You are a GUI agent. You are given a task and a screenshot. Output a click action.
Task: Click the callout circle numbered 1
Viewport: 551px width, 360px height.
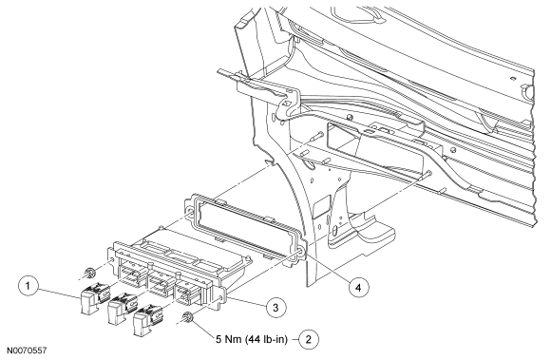coord(28,286)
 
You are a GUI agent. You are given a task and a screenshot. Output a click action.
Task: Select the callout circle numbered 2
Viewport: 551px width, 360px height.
coord(309,339)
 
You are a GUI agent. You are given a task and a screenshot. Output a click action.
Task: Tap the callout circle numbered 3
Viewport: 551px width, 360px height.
coord(275,308)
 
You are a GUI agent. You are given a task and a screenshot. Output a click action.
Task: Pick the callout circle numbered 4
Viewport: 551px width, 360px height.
coord(358,288)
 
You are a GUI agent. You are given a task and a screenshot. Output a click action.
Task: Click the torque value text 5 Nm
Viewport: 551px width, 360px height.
coord(229,340)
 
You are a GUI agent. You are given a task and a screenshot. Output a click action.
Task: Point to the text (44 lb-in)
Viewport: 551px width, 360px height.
coord(267,340)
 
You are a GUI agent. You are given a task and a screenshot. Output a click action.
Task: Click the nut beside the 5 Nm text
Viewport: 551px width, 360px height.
coord(188,317)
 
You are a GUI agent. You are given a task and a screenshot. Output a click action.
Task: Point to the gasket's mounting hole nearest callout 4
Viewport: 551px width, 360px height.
coord(300,252)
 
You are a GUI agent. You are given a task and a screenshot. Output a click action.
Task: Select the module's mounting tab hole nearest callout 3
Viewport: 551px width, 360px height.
coord(220,299)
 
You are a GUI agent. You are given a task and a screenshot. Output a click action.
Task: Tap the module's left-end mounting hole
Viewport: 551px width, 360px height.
coord(112,260)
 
